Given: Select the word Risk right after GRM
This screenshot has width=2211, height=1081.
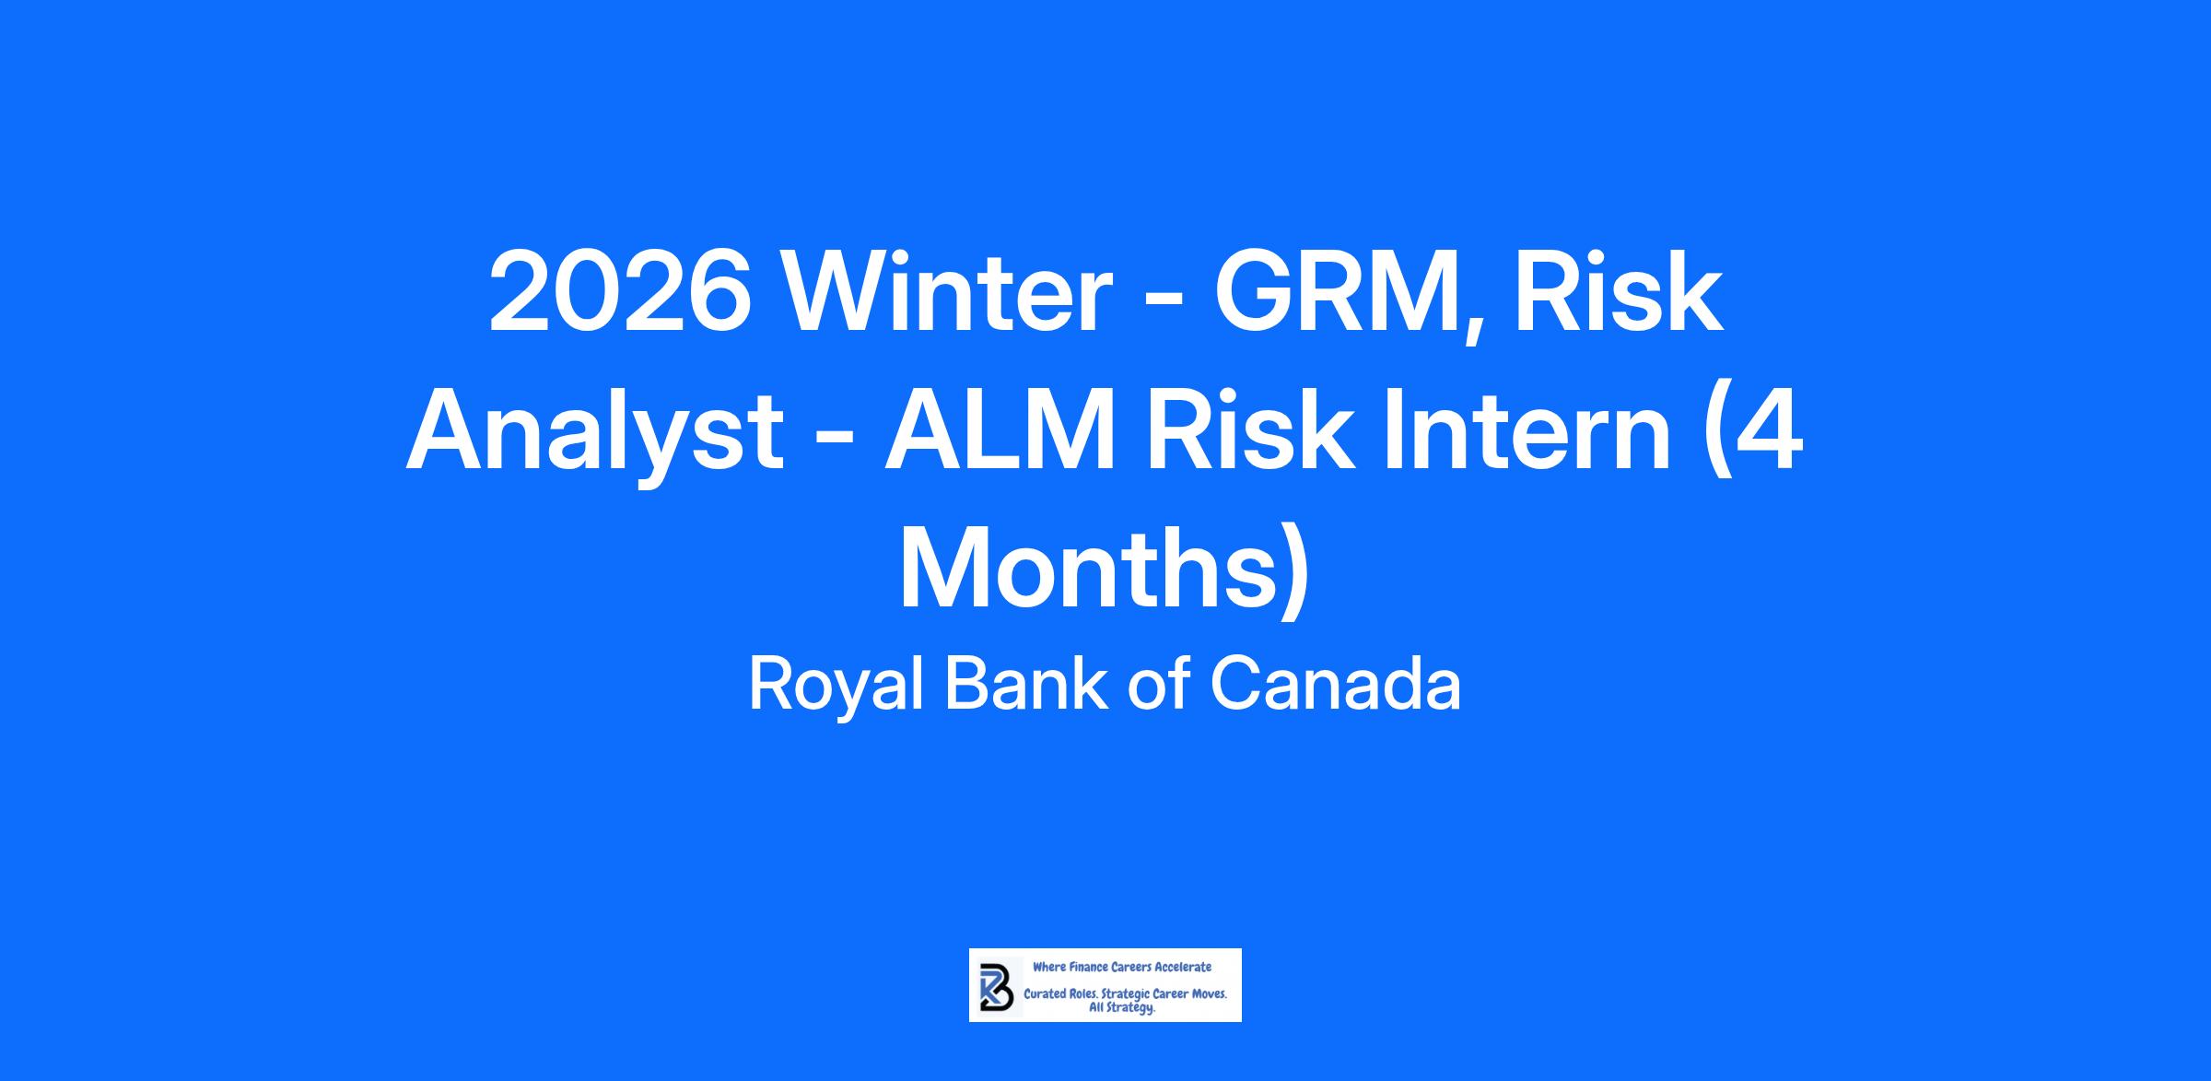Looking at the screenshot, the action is tap(1619, 291).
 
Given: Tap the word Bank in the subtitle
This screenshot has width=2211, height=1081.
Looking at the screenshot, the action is tap(1027, 684).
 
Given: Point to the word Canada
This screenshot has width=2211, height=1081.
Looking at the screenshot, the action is tap(1335, 686).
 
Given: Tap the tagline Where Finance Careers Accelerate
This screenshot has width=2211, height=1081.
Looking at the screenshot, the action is tap(1122, 967).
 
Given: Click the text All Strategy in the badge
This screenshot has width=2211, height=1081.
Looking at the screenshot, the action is tap(1122, 1008).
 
